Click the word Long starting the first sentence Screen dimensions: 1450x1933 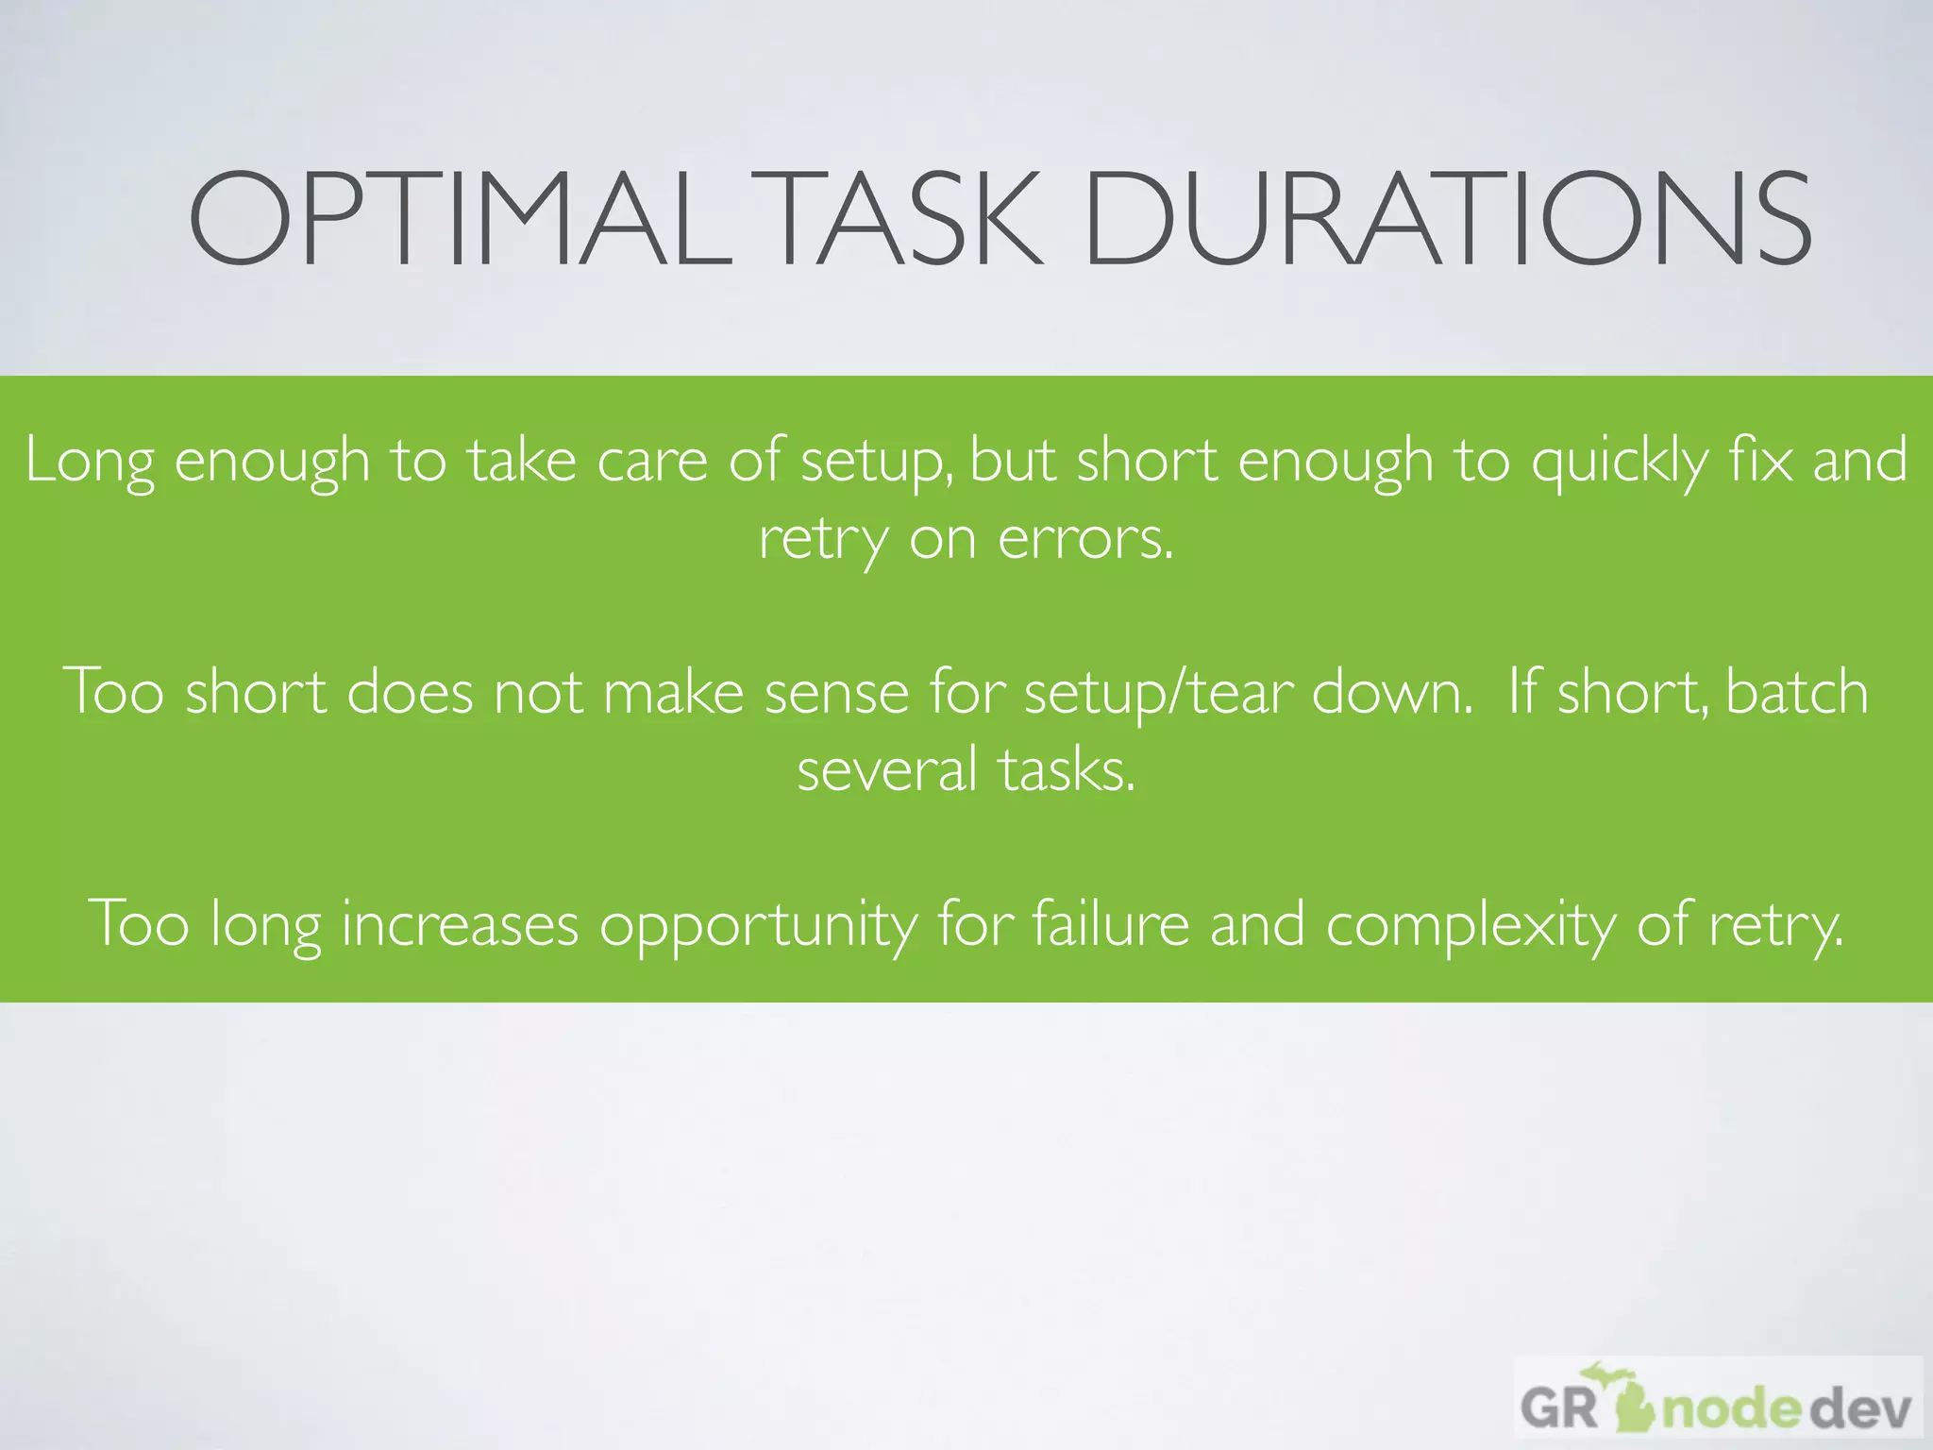tap(90, 463)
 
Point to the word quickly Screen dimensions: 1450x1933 tap(1619, 463)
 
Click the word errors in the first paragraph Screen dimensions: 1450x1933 tap(1085, 540)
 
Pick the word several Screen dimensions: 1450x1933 tap(886, 769)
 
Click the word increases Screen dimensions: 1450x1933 tap(460, 923)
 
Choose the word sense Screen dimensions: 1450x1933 tap(836, 692)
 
